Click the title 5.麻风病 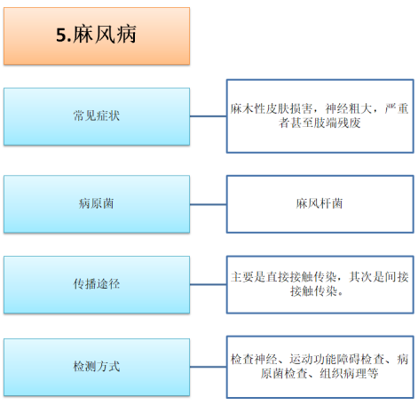click(96, 35)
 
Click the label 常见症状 click(97, 115)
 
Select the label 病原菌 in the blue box click(97, 203)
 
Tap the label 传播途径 click(97, 284)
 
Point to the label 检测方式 click(97, 367)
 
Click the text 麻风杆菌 click(319, 203)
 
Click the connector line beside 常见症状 click(208, 116)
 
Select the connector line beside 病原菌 click(208, 204)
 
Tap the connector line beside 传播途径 click(208, 284)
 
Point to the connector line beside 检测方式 click(208, 367)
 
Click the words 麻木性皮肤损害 click(272, 108)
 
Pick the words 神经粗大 click(349, 108)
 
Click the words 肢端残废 click(337, 123)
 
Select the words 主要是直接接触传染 click(283, 277)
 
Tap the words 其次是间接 click(379, 277)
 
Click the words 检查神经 click(254, 359)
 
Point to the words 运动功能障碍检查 click(337, 359)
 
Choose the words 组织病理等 click(349, 374)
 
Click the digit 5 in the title click(60, 36)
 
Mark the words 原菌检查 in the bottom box click(284, 374)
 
